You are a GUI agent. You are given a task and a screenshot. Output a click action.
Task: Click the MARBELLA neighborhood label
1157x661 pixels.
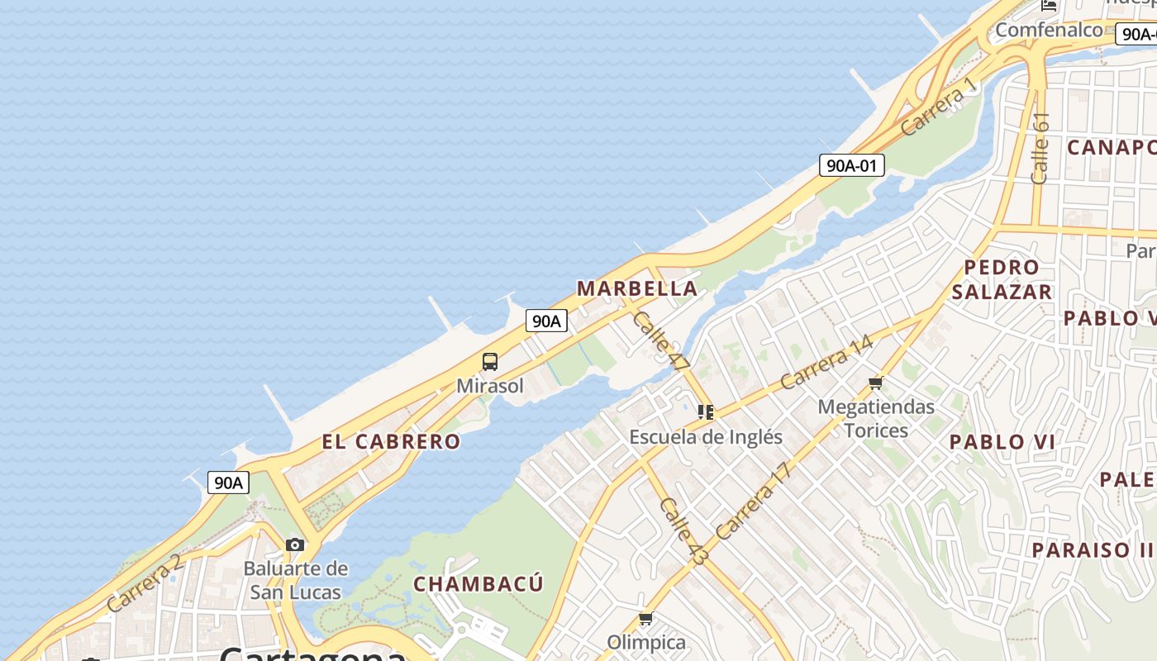tap(637, 288)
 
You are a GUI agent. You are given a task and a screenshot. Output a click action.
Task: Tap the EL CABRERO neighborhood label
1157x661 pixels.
tap(391, 441)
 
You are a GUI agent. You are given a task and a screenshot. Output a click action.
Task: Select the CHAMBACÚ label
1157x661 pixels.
tap(479, 584)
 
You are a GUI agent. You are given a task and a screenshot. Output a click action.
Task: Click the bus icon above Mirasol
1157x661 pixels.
tap(490, 362)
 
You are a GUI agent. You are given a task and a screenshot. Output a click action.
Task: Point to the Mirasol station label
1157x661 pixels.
tap(490, 386)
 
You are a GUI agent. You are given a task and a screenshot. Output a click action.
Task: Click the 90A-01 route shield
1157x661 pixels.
tap(852, 165)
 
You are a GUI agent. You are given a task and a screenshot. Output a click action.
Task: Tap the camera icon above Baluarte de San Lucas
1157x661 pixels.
tap(295, 544)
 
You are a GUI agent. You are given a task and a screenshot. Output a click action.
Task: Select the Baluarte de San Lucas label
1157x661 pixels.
tap(295, 580)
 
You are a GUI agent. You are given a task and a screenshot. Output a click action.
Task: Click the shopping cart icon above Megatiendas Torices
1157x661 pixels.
tap(876, 383)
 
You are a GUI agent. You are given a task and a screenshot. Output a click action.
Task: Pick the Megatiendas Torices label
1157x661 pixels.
tap(876, 418)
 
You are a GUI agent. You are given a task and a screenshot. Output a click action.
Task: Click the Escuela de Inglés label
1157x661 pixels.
tap(706, 436)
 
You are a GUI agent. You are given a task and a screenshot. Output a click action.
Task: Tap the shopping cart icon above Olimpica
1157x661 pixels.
tap(646, 619)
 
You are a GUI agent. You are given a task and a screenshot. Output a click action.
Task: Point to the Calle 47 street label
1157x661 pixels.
tap(660, 340)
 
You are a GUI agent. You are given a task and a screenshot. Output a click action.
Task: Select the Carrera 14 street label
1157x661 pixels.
tap(826, 362)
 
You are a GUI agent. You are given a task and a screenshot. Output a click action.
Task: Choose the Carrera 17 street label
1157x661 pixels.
tap(754, 501)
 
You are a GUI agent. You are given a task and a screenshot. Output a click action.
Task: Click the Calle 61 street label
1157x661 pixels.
tap(1040, 148)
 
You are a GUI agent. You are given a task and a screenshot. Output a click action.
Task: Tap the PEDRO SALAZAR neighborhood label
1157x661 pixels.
tap(1002, 279)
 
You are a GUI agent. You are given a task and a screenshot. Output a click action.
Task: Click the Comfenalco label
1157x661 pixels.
tap(1049, 31)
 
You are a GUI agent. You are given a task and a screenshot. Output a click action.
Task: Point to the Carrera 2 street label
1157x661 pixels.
tap(144, 583)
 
